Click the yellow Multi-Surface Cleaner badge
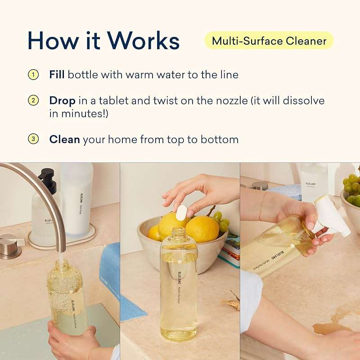pyautogui.click(x=269, y=41)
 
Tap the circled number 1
pyautogui.click(x=33, y=74)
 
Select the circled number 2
pyautogui.click(x=33, y=100)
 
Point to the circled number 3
pyautogui.click(x=33, y=139)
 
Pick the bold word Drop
pyautogui.click(x=61, y=100)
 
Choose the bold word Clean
pyautogui.click(x=64, y=139)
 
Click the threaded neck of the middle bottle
pyautogui.click(x=179, y=234)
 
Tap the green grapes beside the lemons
pyautogui.click(x=220, y=220)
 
